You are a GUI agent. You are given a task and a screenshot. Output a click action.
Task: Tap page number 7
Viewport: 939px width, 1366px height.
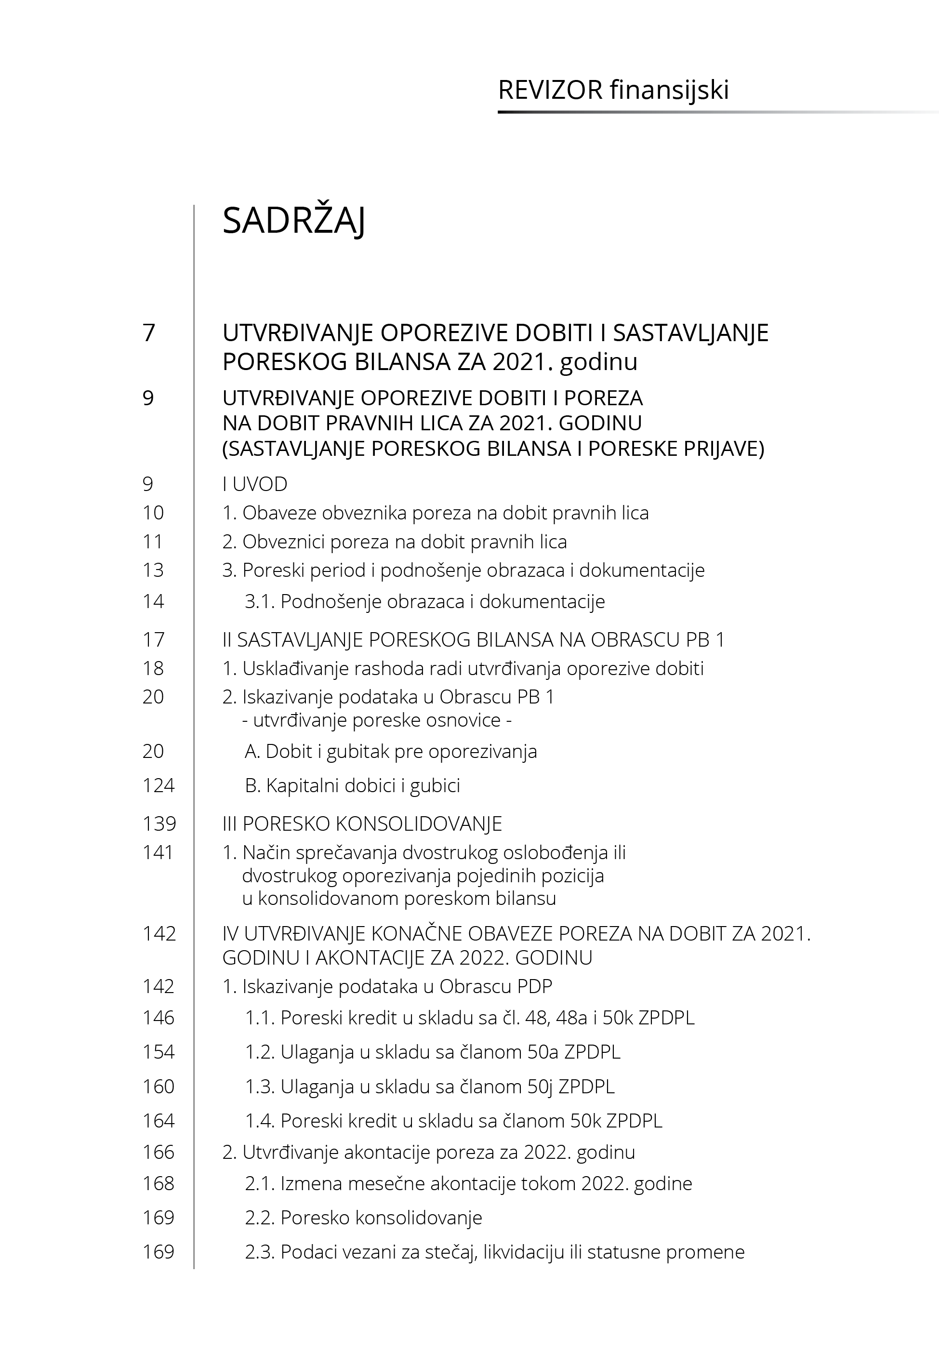[149, 333]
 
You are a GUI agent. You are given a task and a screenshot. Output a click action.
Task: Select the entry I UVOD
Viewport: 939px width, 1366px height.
[255, 484]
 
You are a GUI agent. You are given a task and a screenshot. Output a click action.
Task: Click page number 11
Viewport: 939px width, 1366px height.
[152, 541]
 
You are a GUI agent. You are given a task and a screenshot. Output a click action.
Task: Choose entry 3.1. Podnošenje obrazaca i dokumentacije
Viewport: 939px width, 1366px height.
[425, 601]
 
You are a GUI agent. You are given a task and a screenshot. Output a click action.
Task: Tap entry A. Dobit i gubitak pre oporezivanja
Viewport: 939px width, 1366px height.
[391, 751]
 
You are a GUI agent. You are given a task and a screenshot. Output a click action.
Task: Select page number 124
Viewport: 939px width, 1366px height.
[158, 785]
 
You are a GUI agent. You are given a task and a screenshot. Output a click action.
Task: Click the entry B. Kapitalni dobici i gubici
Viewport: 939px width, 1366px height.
[352, 785]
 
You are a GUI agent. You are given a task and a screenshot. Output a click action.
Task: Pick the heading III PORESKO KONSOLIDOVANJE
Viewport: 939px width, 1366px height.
[362, 823]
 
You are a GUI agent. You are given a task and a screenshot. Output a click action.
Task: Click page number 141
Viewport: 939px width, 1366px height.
[158, 852]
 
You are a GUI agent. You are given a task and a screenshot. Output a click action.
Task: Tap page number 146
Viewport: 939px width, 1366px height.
[158, 1018]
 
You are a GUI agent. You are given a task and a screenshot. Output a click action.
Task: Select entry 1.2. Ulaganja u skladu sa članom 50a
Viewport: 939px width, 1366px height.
[433, 1052]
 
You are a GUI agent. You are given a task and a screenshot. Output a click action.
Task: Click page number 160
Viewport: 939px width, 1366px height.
[158, 1086]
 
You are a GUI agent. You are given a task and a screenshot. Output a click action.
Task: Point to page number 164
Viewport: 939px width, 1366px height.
[158, 1121]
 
